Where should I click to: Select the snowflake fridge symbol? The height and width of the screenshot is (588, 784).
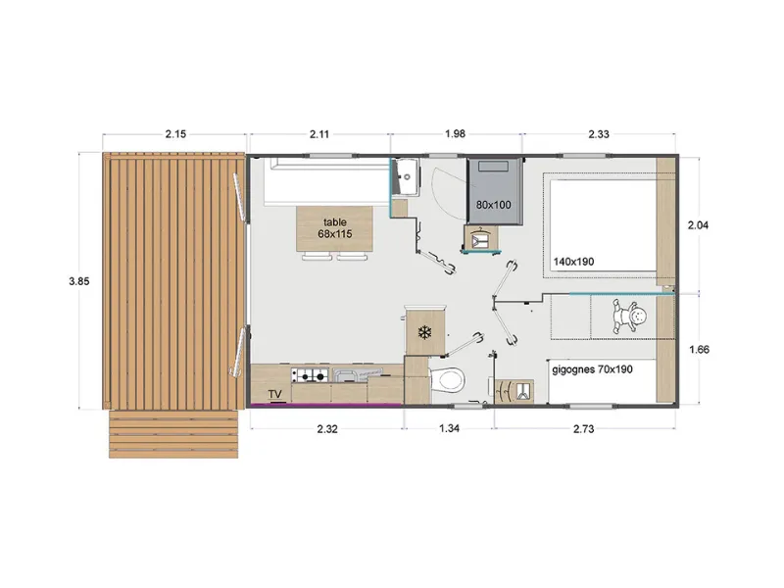424,332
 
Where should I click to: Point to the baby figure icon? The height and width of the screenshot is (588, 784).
629,316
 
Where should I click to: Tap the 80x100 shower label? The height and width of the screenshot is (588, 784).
494,205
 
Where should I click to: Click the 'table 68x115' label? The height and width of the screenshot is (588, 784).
334,227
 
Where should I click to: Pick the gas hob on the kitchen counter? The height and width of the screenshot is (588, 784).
311,374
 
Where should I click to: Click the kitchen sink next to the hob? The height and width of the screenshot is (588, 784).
348,374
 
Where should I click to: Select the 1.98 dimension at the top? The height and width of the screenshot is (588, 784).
457,134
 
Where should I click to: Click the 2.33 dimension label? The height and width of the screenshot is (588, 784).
600,134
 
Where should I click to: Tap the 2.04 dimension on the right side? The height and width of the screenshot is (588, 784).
697,225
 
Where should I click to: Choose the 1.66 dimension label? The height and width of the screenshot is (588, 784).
697,348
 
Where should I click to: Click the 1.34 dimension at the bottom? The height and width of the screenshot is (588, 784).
449,428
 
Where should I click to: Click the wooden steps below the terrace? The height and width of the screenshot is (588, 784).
173,433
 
